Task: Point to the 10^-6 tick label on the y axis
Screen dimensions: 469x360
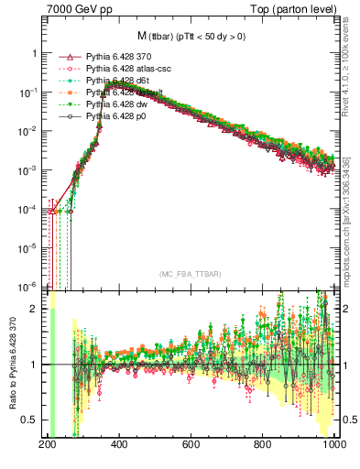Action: (30, 285)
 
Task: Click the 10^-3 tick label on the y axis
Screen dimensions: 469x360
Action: (30, 170)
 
